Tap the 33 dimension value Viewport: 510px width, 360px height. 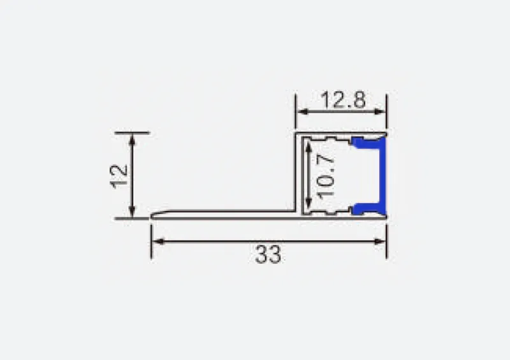pyautogui.click(x=268, y=255)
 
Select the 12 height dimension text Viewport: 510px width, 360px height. pyautogui.click(x=119, y=176)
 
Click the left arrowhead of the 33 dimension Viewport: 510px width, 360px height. pyautogui.click(x=156, y=241)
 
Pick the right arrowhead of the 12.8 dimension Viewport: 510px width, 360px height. pyautogui.click(x=382, y=112)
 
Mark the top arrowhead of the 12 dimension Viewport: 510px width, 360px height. pyautogui.click(x=132, y=138)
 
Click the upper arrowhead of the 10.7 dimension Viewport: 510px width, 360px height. pyautogui.click(x=309, y=145)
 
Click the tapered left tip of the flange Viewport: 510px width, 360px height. pyautogui.click(x=155, y=215)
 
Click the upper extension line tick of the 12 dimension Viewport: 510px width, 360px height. pyautogui.click(x=132, y=133)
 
